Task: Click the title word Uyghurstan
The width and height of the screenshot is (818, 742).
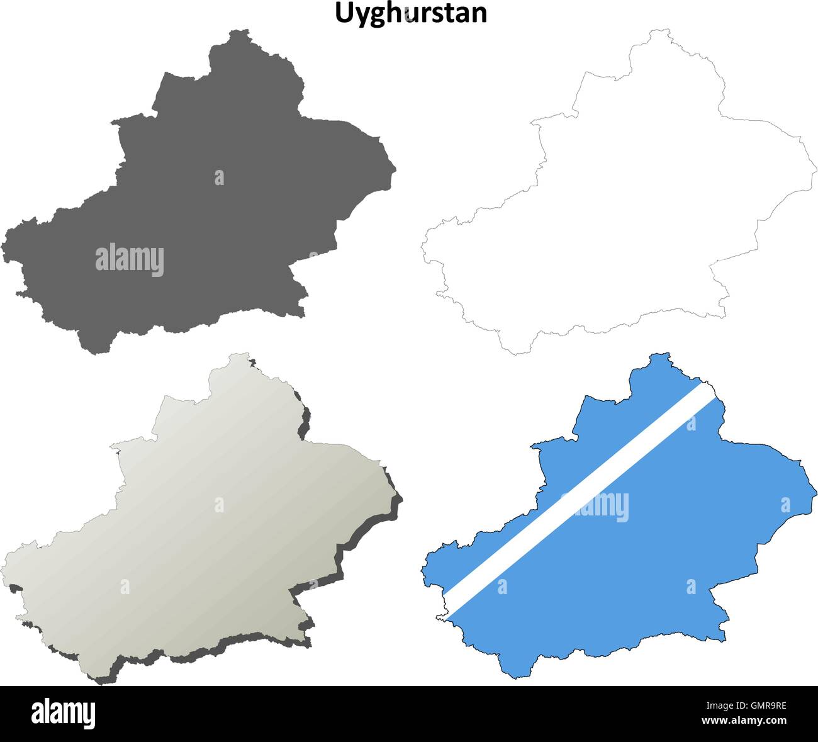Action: click(x=410, y=13)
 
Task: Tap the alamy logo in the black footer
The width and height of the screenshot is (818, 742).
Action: click(x=64, y=714)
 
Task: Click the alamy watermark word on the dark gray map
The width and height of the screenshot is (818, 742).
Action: click(x=130, y=260)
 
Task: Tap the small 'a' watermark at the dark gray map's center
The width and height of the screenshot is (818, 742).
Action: click(x=219, y=177)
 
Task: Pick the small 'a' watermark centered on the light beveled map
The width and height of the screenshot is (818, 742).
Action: click(x=219, y=505)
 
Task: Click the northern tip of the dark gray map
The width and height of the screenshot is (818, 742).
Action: click(x=238, y=31)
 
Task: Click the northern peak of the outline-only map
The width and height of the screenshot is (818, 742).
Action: click(x=659, y=30)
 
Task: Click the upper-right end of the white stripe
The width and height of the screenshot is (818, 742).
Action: click(x=710, y=390)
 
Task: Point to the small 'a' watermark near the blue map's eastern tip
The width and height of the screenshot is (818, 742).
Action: click(x=785, y=505)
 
